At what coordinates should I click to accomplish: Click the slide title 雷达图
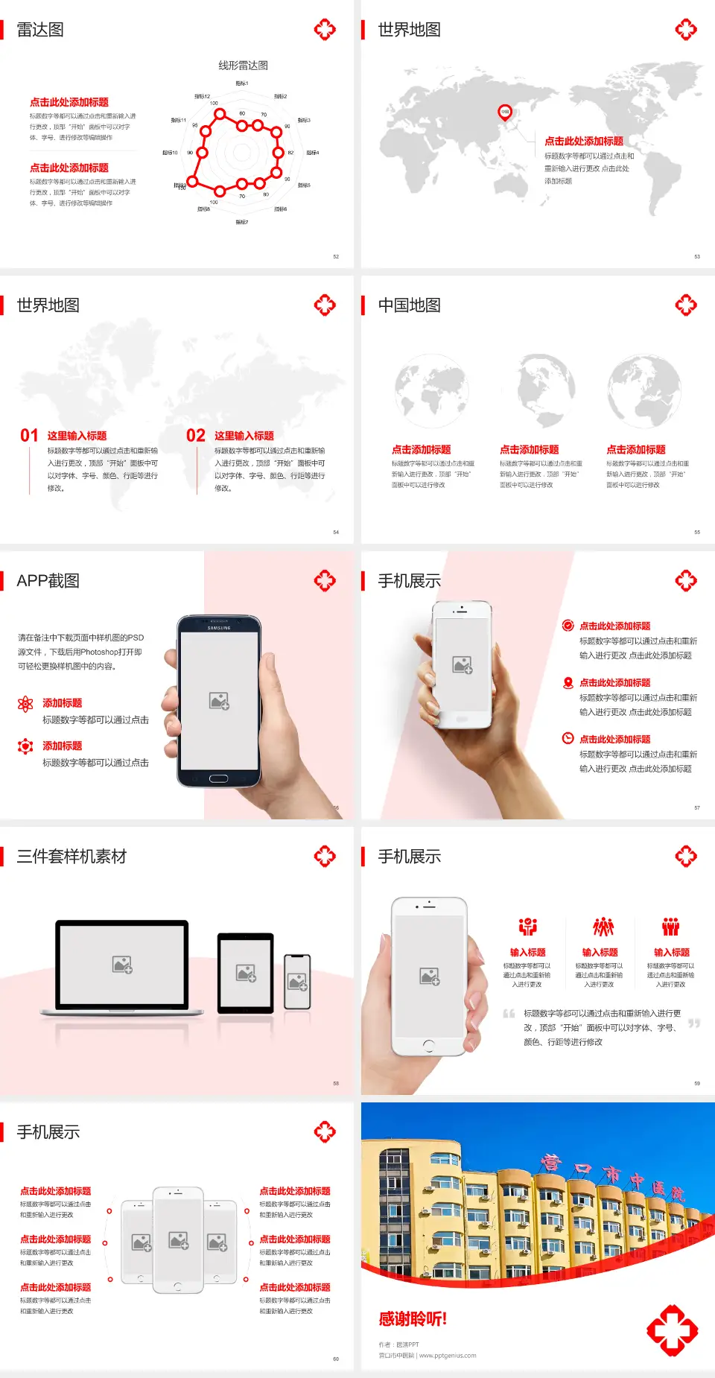click(x=40, y=30)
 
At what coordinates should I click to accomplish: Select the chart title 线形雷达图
click(x=243, y=66)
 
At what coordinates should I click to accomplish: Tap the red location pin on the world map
click(x=505, y=112)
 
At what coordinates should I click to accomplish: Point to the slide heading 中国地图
click(x=409, y=305)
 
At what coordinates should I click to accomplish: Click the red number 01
click(x=29, y=436)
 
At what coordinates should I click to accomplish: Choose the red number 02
click(x=196, y=436)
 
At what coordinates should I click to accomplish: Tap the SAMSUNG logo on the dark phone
click(x=218, y=628)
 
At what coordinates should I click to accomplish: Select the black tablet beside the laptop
click(x=246, y=972)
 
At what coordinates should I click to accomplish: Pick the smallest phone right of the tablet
click(x=297, y=982)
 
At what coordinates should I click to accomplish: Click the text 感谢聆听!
click(x=413, y=1319)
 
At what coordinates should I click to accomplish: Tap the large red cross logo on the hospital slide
click(x=672, y=1330)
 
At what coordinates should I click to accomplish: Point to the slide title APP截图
click(x=48, y=581)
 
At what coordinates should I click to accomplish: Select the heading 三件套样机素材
click(x=71, y=857)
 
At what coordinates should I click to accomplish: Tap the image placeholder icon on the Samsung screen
click(x=219, y=700)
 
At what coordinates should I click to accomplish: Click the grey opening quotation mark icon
click(x=509, y=1014)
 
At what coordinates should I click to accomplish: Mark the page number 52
click(x=336, y=257)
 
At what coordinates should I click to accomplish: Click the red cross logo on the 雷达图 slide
click(x=325, y=30)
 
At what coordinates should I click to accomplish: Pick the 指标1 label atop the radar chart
click(x=242, y=83)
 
